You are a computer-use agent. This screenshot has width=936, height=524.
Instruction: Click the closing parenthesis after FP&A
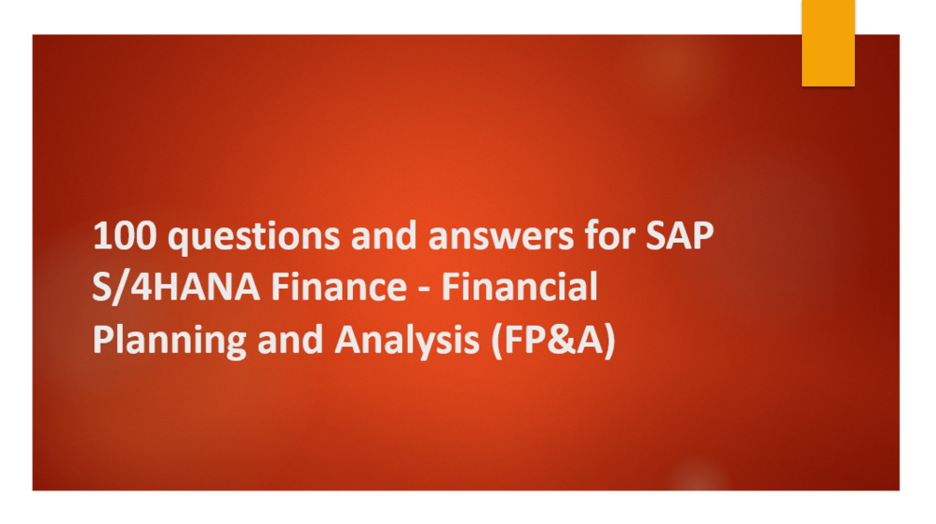609,342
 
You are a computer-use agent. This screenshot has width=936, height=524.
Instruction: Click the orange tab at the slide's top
828,42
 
